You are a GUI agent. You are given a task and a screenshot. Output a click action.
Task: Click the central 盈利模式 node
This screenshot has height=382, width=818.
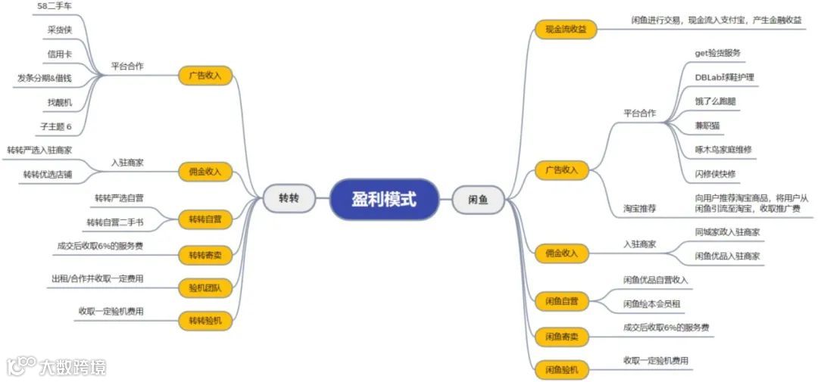pyautogui.click(x=384, y=199)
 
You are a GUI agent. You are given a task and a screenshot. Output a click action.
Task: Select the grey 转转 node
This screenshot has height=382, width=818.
pyautogui.click(x=289, y=199)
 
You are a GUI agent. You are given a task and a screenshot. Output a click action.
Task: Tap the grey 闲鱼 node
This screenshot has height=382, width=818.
pyautogui.click(x=478, y=200)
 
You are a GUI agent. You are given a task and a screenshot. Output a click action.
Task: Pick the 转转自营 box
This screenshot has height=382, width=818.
pyautogui.click(x=204, y=220)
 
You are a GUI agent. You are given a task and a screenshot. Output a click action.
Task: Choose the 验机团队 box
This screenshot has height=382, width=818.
pyautogui.click(x=204, y=287)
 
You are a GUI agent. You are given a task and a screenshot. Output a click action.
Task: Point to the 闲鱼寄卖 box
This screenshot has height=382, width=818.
pyautogui.click(x=561, y=335)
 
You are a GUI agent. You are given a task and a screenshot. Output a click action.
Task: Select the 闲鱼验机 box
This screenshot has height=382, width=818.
pyautogui.click(x=561, y=369)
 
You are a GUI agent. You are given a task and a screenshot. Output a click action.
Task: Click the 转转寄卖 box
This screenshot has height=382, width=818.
pyautogui.click(x=204, y=254)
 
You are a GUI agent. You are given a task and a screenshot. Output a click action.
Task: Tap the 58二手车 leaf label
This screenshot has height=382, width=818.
pyautogui.click(x=55, y=7)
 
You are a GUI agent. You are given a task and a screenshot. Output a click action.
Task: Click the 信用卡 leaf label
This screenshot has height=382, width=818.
pyautogui.click(x=59, y=54)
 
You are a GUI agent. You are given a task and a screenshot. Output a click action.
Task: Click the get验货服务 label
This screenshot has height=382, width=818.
pyautogui.click(x=717, y=53)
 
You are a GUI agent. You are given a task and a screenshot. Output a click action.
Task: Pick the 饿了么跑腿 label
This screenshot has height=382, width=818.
pyautogui.click(x=715, y=101)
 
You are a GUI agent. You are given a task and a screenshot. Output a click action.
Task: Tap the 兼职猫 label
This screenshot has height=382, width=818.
pyautogui.click(x=710, y=125)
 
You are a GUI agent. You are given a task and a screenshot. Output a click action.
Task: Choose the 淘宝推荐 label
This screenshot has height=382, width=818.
pyautogui.click(x=640, y=207)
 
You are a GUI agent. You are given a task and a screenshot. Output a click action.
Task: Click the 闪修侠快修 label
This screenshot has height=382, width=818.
pyautogui.click(x=715, y=173)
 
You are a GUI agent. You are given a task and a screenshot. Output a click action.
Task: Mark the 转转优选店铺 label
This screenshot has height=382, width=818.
pyautogui.click(x=47, y=175)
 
